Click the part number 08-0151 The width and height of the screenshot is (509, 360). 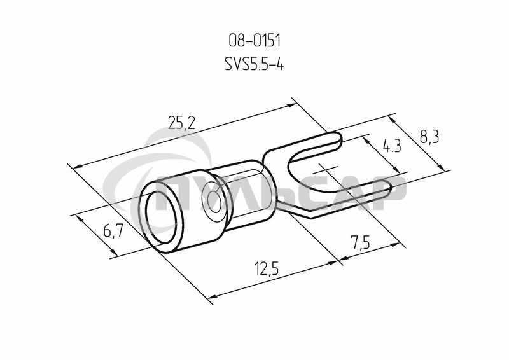click(254, 41)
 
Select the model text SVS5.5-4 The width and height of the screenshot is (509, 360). click(254, 64)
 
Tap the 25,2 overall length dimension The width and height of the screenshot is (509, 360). click(182, 122)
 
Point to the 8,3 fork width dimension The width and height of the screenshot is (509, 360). click(429, 137)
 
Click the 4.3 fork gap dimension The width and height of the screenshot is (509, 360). click(392, 146)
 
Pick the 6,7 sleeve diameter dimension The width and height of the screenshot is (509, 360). click(113, 231)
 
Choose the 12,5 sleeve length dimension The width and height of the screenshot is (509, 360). click(266, 269)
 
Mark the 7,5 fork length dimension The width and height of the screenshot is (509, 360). click(360, 242)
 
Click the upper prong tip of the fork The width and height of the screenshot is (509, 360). click(339, 139)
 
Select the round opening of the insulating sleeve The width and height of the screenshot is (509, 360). click(161, 218)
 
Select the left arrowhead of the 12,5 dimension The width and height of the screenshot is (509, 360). click(213, 296)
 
